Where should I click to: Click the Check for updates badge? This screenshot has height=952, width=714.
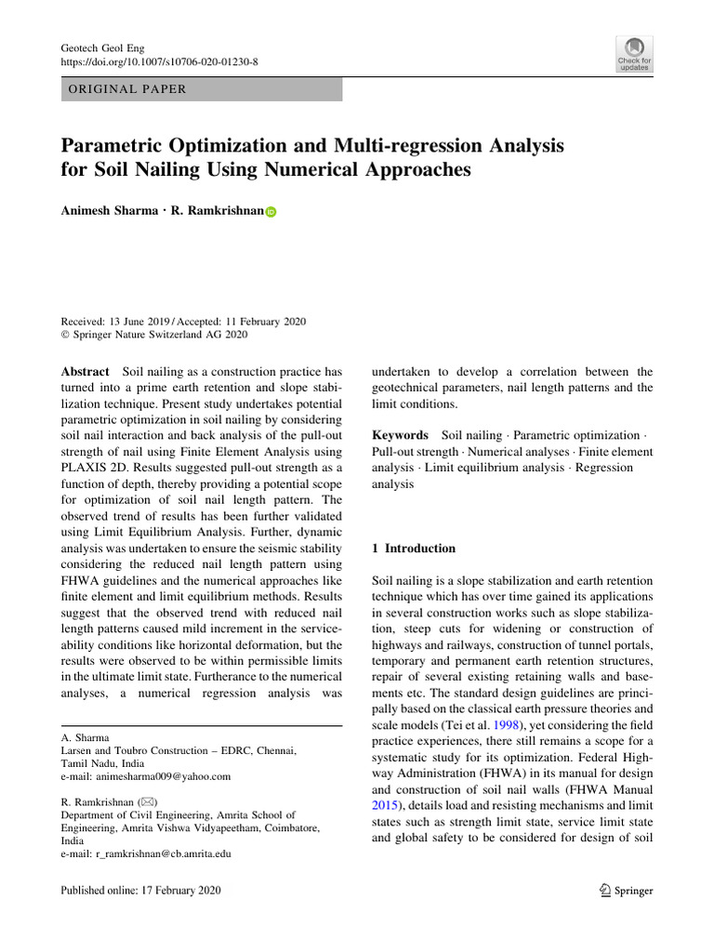[634, 55]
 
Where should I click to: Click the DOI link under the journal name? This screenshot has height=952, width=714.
[159, 61]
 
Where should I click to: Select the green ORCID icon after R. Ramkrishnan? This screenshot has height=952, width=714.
[271, 212]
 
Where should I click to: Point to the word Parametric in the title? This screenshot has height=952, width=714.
[110, 146]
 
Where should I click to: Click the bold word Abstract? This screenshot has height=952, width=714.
[85, 370]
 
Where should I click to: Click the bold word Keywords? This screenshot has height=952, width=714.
[400, 435]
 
